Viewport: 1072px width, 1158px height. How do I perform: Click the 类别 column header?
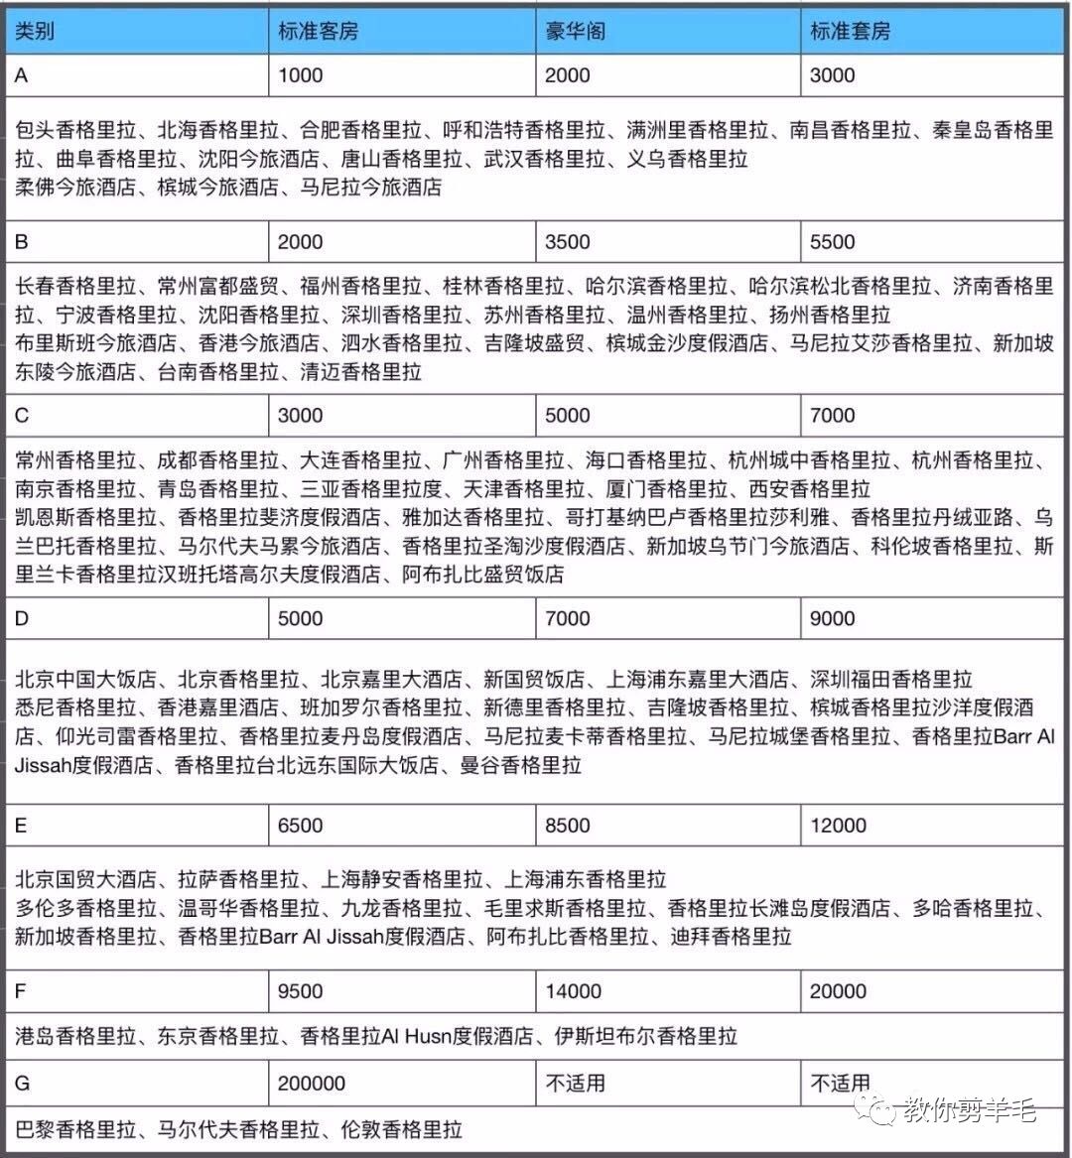[36, 31]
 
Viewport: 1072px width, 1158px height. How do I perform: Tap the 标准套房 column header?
[850, 31]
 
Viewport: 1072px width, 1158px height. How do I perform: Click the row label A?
[22, 75]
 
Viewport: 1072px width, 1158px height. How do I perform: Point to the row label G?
[23, 1084]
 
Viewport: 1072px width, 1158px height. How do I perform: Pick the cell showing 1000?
[300, 75]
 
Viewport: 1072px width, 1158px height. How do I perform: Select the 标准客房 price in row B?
[300, 242]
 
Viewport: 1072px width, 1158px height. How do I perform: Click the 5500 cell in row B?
[833, 242]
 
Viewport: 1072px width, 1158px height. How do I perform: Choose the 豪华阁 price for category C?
[568, 416]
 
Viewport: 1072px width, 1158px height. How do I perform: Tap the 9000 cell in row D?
[833, 619]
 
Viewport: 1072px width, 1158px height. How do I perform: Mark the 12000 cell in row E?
[839, 826]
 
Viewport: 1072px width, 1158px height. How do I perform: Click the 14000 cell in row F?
[574, 991]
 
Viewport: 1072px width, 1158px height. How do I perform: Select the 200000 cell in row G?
[312, 1084]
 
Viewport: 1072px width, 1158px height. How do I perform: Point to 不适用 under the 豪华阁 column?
[576, 1084]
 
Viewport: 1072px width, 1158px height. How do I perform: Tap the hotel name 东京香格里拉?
[218, 1037]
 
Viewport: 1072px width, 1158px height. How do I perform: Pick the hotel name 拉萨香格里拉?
[238, 879]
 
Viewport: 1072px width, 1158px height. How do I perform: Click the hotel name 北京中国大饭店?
[86, 680]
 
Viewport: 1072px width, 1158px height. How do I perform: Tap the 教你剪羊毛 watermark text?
[969, 1109]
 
